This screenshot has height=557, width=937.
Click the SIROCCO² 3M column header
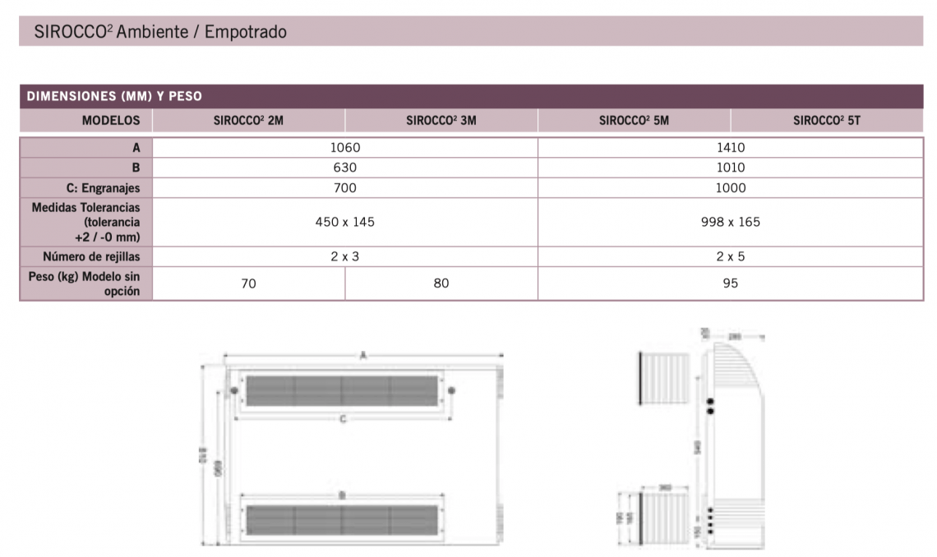point(441,120)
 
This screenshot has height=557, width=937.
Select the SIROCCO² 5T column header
point(826,120)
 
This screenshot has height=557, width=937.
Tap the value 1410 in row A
point(730,148)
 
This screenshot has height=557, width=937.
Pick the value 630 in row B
point(345,168)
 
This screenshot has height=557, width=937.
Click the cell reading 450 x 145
point(345,222)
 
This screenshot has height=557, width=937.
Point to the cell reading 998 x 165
point(730,222)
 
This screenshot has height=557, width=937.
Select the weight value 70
point(249,283)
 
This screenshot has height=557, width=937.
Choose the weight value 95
point(730,283)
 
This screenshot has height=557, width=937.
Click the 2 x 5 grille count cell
point(730,256)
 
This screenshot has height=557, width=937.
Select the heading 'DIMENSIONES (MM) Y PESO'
point(114,96)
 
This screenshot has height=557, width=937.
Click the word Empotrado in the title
point(244,32)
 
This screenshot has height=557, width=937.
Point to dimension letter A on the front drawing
point(362,355)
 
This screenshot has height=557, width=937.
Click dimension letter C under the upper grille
point(343,419)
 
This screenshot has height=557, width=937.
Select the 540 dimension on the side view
point(698,447)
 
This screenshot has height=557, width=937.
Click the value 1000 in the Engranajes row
point(730,188)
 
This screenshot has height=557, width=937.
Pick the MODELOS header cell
point(111,120)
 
